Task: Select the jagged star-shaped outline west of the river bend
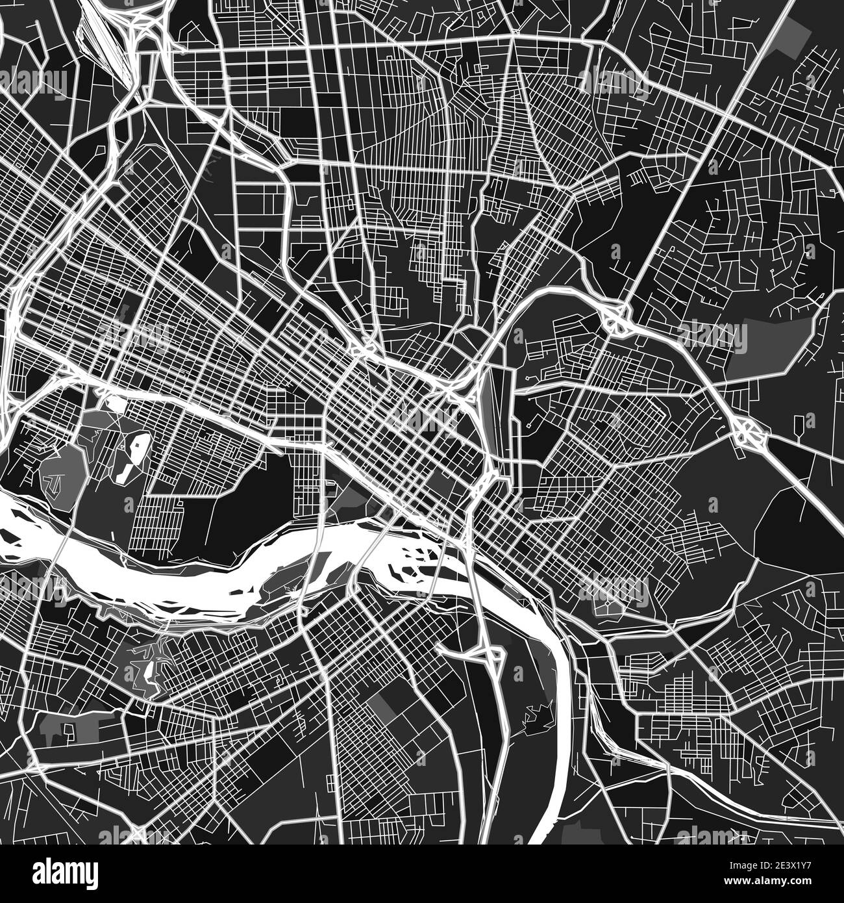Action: (538, 714)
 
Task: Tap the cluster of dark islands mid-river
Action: (412, 559)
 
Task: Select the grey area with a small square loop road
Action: (66, 728)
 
